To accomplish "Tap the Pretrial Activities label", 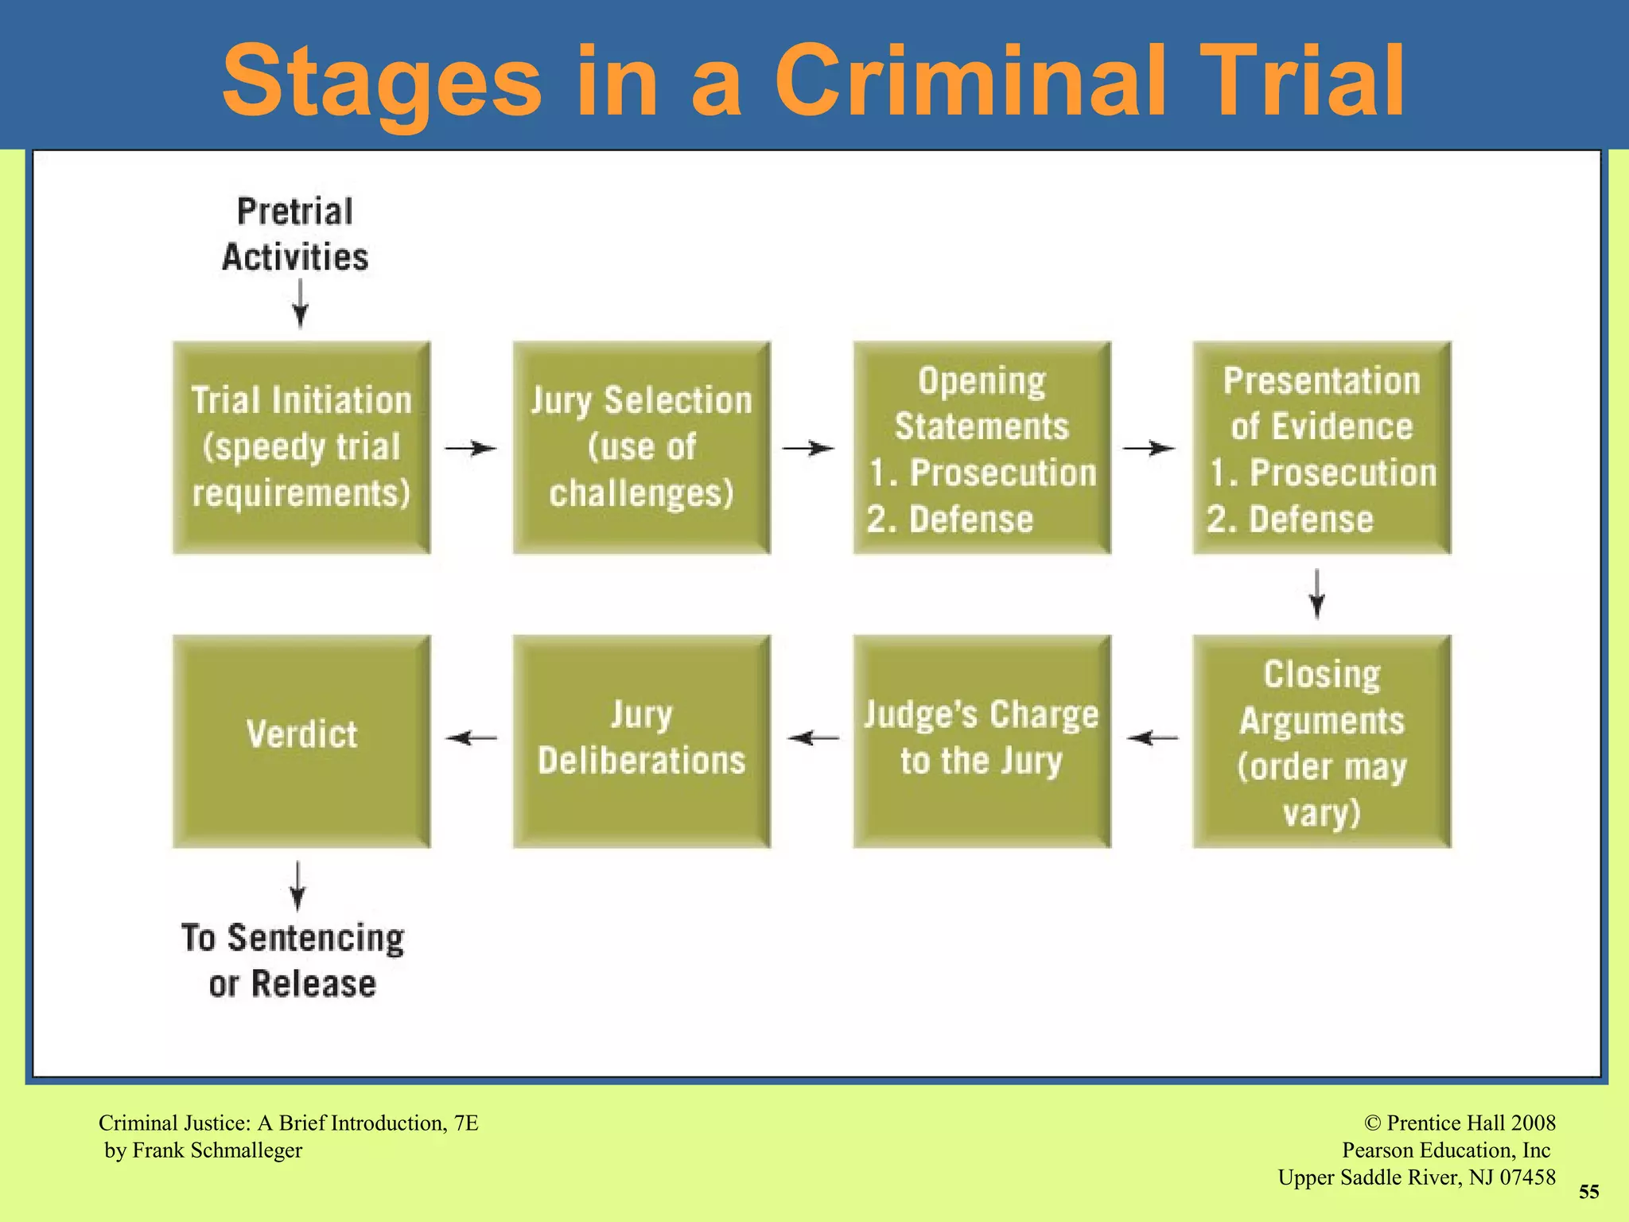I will [x=295, y=235].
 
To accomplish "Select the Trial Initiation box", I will [x=301, y=448].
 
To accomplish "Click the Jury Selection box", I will [x=641, y=448].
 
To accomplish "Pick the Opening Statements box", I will [x=982, y=448].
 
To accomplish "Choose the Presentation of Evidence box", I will [x=1321, y=448].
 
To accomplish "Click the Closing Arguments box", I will [x=1321, y=741].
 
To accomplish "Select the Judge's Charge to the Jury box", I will [x=982, y=741].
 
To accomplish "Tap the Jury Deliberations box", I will [x=641, y=741].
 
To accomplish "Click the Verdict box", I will [x=301, y=741].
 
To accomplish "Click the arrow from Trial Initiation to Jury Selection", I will [x=471, y=449].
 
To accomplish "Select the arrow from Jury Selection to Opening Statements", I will [x=809, y=449].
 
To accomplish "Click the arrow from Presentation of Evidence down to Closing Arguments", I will [x=1317, y=593].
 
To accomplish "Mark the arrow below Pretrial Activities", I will [x=300, y=304].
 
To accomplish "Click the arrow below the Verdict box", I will [x=297, y=885].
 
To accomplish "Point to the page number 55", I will [x=1588, y=1192].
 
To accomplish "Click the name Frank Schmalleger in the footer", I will [x=217, y=1150].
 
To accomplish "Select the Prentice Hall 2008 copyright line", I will [x=1460, y=1123].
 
